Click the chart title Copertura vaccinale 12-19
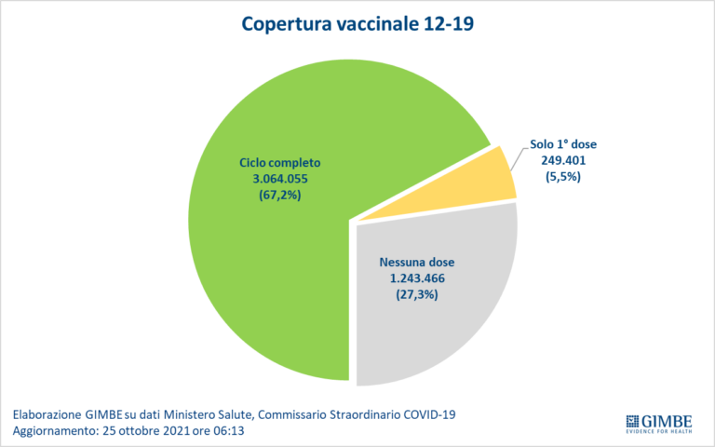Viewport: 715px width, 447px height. coord(357,23)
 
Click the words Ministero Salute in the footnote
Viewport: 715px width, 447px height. coord(226,413)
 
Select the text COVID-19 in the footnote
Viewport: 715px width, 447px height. coord(431,413)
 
